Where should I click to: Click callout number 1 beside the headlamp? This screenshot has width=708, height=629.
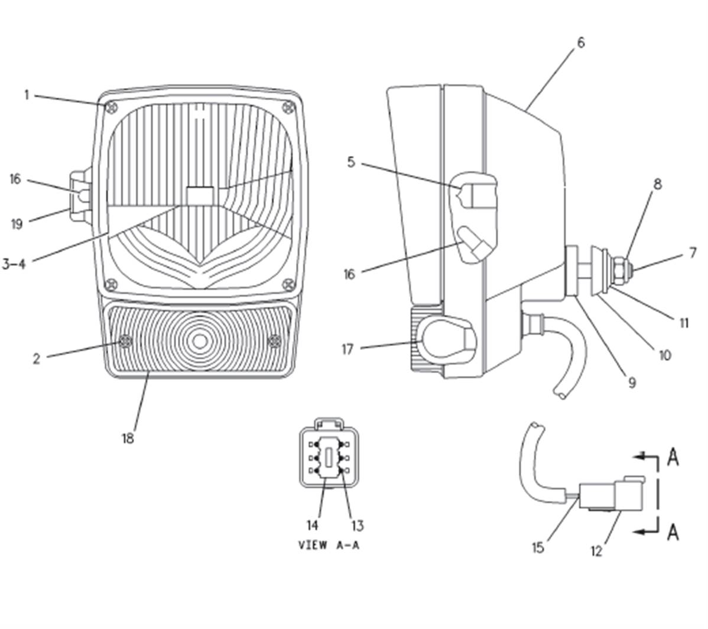tap(27, 95)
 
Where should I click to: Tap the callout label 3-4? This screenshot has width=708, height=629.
tap(14, 264)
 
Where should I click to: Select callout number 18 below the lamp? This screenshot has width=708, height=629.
tap(128, 438)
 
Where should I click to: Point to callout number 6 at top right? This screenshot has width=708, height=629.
tap(581, 43)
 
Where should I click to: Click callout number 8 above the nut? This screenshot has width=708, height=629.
tap(657, 184)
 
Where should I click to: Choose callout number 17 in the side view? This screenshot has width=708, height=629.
tap(347, 349)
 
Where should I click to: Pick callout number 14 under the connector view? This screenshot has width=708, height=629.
tap(312, 525)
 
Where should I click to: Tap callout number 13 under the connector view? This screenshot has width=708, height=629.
tap(357, 526)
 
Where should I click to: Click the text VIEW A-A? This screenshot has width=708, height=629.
tap(329, 546)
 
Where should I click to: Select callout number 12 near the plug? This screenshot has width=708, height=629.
tap(596, 551)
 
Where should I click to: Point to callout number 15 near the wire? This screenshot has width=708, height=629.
tap(538, 548)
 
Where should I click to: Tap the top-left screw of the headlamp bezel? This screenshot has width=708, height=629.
tap(112, 108)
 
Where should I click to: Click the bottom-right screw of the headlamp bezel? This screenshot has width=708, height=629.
tap(288, 284)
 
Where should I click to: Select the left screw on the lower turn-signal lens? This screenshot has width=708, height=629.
tap(125, 341)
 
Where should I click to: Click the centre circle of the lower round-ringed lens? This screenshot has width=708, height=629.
tap(200, 341)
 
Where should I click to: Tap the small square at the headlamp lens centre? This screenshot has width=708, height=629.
tap(200, 196)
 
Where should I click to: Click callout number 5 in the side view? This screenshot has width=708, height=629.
tap(351, 162)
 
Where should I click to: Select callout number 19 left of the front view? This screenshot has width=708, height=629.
tap(17, 224)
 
